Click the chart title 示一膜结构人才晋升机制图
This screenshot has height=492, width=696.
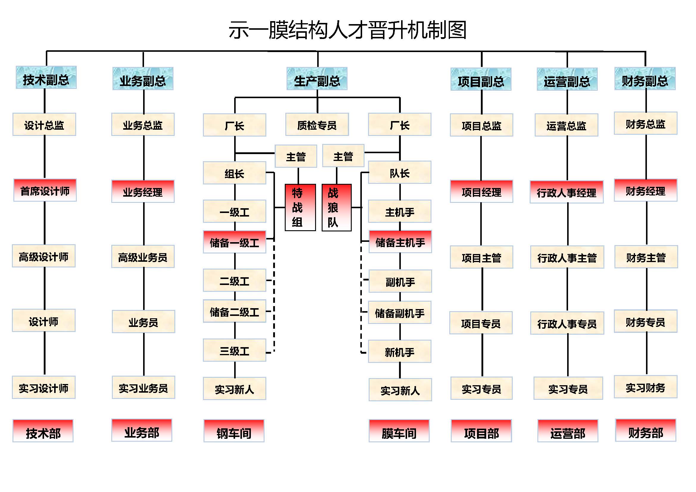(x=347, y=30)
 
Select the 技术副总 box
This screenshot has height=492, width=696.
(x=46, y=78)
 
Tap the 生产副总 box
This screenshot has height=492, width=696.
(x=317, y=79)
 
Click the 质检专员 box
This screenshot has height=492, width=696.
(x=317, y=125)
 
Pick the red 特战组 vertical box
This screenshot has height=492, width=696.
(x=300, y=208)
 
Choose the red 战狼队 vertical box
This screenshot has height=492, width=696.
(x=337, y=208)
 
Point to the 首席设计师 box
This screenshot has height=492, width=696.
(x=45, y=191)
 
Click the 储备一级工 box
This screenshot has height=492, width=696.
(x=234, y=242)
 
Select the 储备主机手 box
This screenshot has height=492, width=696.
(x=400, y=242)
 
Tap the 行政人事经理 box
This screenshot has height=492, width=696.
(x=566, y=192)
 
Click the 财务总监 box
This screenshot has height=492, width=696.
(x=645, y=124)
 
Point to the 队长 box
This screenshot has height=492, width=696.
(x=400, y=173)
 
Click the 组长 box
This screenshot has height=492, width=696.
(x=234, y=173)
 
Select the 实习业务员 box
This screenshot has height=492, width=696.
(x=143, y=388)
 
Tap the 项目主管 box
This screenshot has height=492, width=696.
(x=481, y=257)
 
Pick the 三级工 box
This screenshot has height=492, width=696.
(x=234, y=350)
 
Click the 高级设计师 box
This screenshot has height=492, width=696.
(x=44, y=256)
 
